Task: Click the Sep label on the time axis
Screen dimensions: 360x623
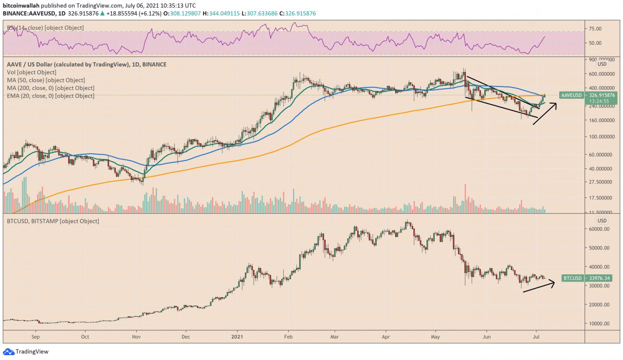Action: pyautogui.click(x=36, y=336)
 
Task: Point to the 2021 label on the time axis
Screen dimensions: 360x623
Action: pyautogui.click(x=237, y=336)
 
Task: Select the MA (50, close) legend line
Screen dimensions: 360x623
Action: pyautogui.click(x=46, y=80)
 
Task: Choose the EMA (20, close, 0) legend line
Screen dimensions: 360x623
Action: pyautogui.click(x=51, y=96)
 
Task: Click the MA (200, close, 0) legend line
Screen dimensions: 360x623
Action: pyautogui.click(x=51, y=88)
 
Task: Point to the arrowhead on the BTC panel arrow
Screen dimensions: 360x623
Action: pyautogui.click(x=554, y=283)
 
